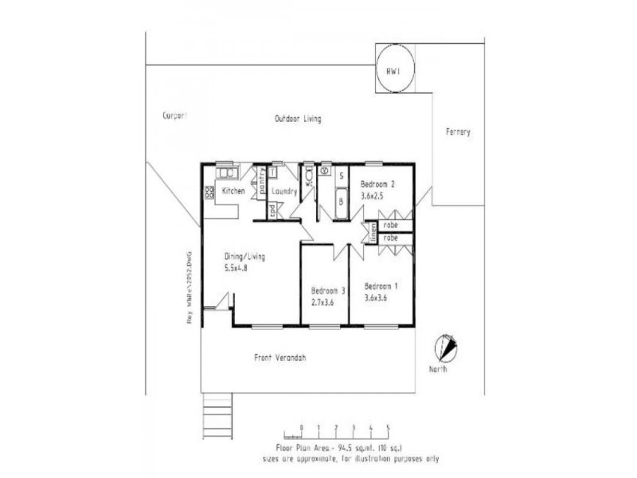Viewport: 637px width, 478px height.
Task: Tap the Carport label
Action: pyautogui.click(x=174, y=116)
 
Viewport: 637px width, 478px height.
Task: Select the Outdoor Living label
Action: pyautogui.click(x=298, y=119)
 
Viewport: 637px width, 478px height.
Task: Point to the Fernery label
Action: pyautogui.click(x=459, y=131)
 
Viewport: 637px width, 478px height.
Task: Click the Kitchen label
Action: pyautogui.click(x=233, y=191)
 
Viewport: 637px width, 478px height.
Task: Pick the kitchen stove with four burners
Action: pyautogui.click(x=209, y=191)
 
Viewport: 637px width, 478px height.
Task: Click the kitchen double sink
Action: pyautogui.click(x=226, y=172)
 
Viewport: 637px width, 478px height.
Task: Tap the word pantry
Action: pyautogui.click(x=261, y=182)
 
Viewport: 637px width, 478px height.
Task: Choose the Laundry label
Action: pyautogui.click(x=284, y=192)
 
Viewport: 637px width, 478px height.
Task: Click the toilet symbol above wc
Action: pyautogui.click(x=308, y=173)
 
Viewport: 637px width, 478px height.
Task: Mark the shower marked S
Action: pyautogui.click(x=341, y=174)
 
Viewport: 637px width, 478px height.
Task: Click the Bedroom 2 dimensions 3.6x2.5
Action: pyautogui.click(x=377, y=194)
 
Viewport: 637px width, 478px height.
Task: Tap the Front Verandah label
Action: pyautogui.click(x=279, y=358)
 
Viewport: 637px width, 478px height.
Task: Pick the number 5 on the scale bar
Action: pyautogui.click(x=388, y=428)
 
